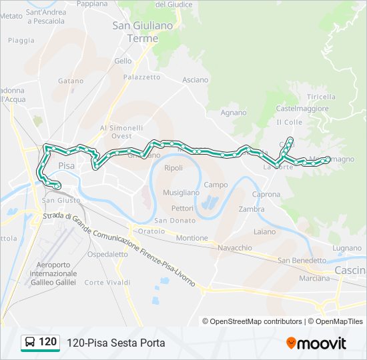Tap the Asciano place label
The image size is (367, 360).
[x=195, y=80]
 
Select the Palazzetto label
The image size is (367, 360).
[x=141, y=77]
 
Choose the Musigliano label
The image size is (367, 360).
[x=181, y=193]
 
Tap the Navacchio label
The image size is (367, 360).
[x=234, y=247]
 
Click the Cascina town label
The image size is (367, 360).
[x=350, y=270]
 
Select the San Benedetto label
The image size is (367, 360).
[x=302, y=260]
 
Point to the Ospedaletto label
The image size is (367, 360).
[x=107, y=254]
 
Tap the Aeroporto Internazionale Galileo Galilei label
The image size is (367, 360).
[x=53, y=273]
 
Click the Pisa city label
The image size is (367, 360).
[x=66, y=165]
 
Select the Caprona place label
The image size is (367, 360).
[x=266, y=194]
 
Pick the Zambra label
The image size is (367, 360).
[x=251, y=209]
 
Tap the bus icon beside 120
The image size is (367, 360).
[x=30, y=343]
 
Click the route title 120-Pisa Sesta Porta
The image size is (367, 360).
[x=115, y=343]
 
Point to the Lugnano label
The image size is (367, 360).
[x=346, y=247]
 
